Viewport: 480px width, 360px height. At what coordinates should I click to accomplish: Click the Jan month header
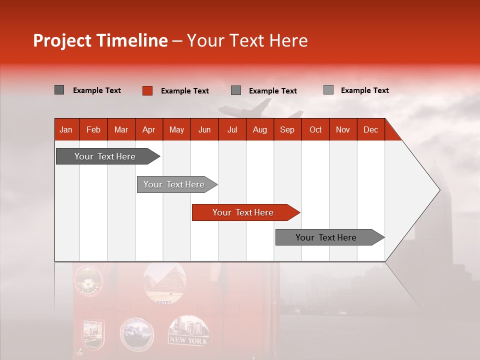[x=66, y=129]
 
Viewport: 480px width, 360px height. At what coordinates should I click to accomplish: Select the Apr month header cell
[x=148, y=129]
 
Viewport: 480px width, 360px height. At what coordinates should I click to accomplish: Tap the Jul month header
[x=232, y=129]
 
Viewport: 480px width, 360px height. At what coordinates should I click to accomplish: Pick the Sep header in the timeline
[x=287, y=129]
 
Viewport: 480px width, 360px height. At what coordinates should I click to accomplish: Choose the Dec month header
[x=370, y=129]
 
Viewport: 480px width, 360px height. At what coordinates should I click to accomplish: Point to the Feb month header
[x=93, y=129]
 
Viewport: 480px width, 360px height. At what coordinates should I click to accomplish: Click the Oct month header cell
[x=315, y=129]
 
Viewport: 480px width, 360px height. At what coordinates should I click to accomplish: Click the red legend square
[x=147, y=90]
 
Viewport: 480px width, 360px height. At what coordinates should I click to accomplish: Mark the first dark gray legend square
[x=59, y=90]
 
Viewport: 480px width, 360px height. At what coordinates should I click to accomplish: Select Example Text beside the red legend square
[x=184, y=91]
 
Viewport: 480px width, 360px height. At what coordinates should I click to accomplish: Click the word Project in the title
[x=62, y=40]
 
